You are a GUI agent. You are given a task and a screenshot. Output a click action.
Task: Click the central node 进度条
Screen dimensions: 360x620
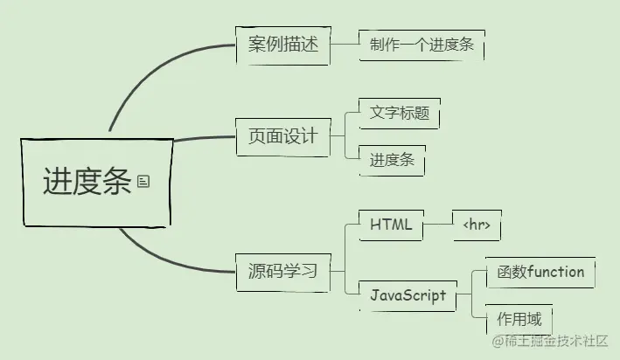[x=87, y=182]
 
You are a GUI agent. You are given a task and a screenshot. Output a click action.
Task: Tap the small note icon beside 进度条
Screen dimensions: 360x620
[x=143, y=181]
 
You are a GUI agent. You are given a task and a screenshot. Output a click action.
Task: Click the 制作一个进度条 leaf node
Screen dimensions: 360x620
[x=421, y=45]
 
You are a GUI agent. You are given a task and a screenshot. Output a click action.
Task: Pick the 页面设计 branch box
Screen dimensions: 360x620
[x=282, y=136]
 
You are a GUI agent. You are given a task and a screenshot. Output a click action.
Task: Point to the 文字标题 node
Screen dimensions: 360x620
[x=399, y=114]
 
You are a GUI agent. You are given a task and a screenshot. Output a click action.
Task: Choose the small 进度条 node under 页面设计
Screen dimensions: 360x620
[x=392, y=161]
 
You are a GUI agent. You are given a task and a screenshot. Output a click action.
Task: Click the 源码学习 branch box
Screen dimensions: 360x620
[x=282, y=272]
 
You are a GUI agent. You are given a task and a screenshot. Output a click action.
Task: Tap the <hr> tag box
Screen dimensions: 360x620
[x=477, y=225]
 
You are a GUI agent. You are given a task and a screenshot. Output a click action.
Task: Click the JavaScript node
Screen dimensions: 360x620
[x=408, y=295]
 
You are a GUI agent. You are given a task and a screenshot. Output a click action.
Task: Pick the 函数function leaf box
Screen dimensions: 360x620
[x=534, y=272]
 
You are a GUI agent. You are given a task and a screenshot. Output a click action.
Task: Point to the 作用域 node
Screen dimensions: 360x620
[x=519, y=318]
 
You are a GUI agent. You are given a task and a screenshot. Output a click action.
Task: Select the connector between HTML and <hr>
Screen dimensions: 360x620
[x=438, y=225]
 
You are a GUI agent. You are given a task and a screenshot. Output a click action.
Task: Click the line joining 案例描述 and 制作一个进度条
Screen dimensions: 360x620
[x=345, y=43]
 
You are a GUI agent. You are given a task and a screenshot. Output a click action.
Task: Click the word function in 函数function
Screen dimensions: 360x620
[x=555, y=272]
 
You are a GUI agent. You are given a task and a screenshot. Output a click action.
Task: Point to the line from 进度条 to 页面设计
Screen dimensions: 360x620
[x=205, y=138]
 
